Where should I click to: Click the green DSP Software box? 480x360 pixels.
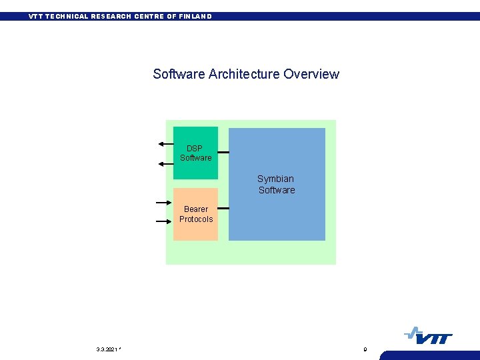(195, 167)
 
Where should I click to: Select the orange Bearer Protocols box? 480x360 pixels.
(195, 230)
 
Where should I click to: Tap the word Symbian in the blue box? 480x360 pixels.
(275, 179)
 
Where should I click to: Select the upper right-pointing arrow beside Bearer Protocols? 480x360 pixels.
(164, 202)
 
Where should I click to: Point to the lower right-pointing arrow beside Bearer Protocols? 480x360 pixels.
(164, 221)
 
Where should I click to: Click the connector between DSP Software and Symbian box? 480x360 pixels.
(223, 153)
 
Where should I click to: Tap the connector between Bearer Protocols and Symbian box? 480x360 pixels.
(223, 208)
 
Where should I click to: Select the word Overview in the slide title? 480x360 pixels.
(311, 74)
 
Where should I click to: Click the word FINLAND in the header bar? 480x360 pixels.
(195, 16)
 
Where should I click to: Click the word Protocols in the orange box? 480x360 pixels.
(196, 219)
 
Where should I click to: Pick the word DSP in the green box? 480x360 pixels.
(195, 148)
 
